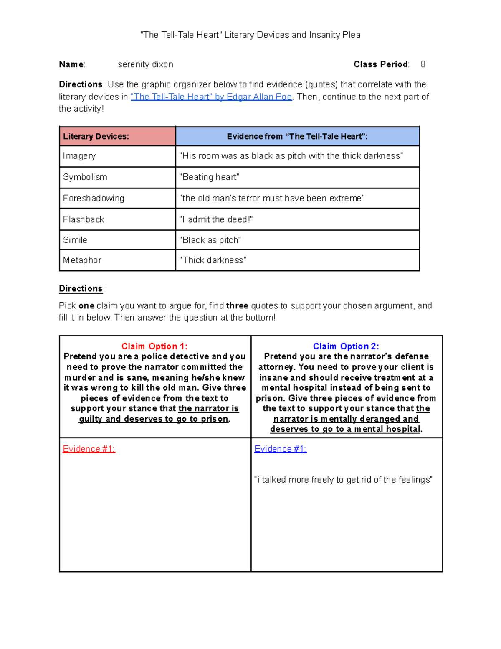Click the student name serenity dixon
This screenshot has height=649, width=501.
pyautogui.click(x=145, y=64)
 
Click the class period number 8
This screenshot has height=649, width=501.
pyautogui.click(x=423, y=64)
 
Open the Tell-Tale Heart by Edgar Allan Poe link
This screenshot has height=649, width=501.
pyautogui.click(x=211, y=97)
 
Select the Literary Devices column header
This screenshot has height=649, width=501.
pyautogui.click(x=96, y=136)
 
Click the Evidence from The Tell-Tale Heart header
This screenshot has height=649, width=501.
pyautogui.click(x=297, y=136)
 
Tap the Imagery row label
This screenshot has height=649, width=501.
pyautogui.click(x=79, y=156)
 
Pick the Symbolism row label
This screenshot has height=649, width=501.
pyautogui.click(x=85, y=177)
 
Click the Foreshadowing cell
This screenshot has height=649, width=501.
pyautogui.click(x=94, y=198)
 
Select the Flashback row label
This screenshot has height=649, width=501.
pyautogui.click(x=83, y=219)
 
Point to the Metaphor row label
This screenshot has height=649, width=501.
pyautogui.click(x=82, y=260)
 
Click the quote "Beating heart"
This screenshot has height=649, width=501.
pyautogui.click(x=209, y=177)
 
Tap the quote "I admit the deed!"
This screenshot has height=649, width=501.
pyautogui.click(x=216, y=219)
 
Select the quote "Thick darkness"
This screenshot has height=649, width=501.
pyautogui.click(x=213, y=260)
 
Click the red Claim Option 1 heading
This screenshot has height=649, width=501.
pyautogui.click(x=154, y=346)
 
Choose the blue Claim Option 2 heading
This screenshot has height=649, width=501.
pyautogui.click(x=346, y=346)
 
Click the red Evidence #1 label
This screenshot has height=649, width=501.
pyautogui.click(x=89, y=449)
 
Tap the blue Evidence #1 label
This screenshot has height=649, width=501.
pyautogui.click(x=280, y=449)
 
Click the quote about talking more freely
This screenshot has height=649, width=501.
pyautogui.click(x=343, y=480)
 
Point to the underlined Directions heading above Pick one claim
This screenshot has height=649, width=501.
pyautogui.click(x=81, y=288)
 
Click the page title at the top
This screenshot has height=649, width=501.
pyautogui.click(x=250, y=35)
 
